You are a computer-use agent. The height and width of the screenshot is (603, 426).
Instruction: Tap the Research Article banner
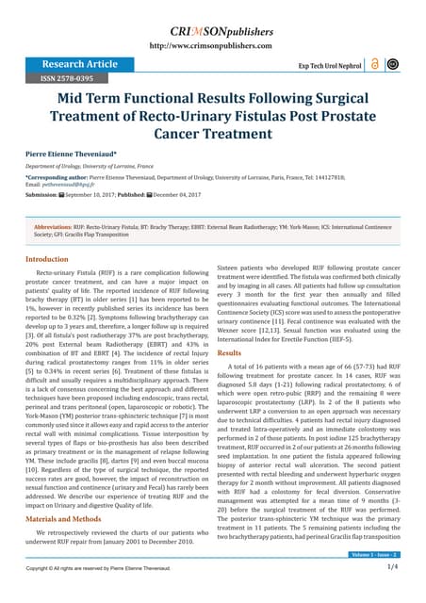(72, 64)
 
